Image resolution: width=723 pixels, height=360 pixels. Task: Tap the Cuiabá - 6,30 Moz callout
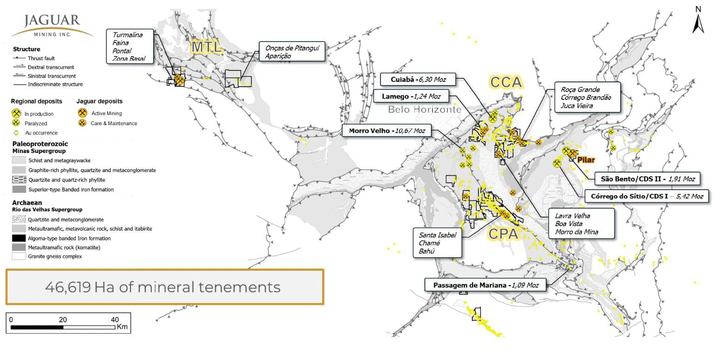[417, 79]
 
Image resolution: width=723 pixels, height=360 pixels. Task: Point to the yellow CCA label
[506, 82]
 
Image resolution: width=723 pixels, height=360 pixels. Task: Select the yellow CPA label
[503, 234]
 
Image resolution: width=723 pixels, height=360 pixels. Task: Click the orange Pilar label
[586, 160]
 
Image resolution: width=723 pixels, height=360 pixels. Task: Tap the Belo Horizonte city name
[424, 110]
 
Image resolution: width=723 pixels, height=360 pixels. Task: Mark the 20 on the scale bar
[63, 319]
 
